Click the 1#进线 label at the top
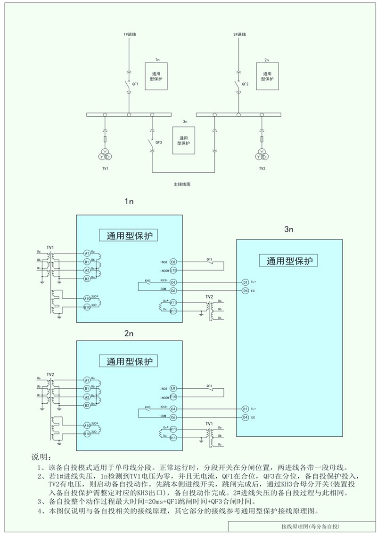pyautogui.click(x=130, y=35)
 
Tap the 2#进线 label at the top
pyautogui.click(x=240, y=35)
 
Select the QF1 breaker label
pyautogui.click(x=135, y=84)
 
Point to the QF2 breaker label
pyautogui.click(x=245, y=84)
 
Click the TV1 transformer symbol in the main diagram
pyautogui.click(x=106, y=154)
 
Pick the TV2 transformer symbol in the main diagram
pyautogui.click(x=262, y=154)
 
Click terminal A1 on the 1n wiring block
pyautogui.click(x=87, y=253)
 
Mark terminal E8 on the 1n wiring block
pyautogui.click(x=173, y=262)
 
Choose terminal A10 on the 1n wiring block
pyautogui.click(x=87, y=298)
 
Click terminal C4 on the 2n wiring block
pyautogui.click(x=173, y=409)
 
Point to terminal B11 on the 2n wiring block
pyautogui.click(x=173, y=438)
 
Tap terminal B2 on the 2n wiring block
pyautogui.click(x=87, y=405)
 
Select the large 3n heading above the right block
pyautogui.click(x=289, y=229)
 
